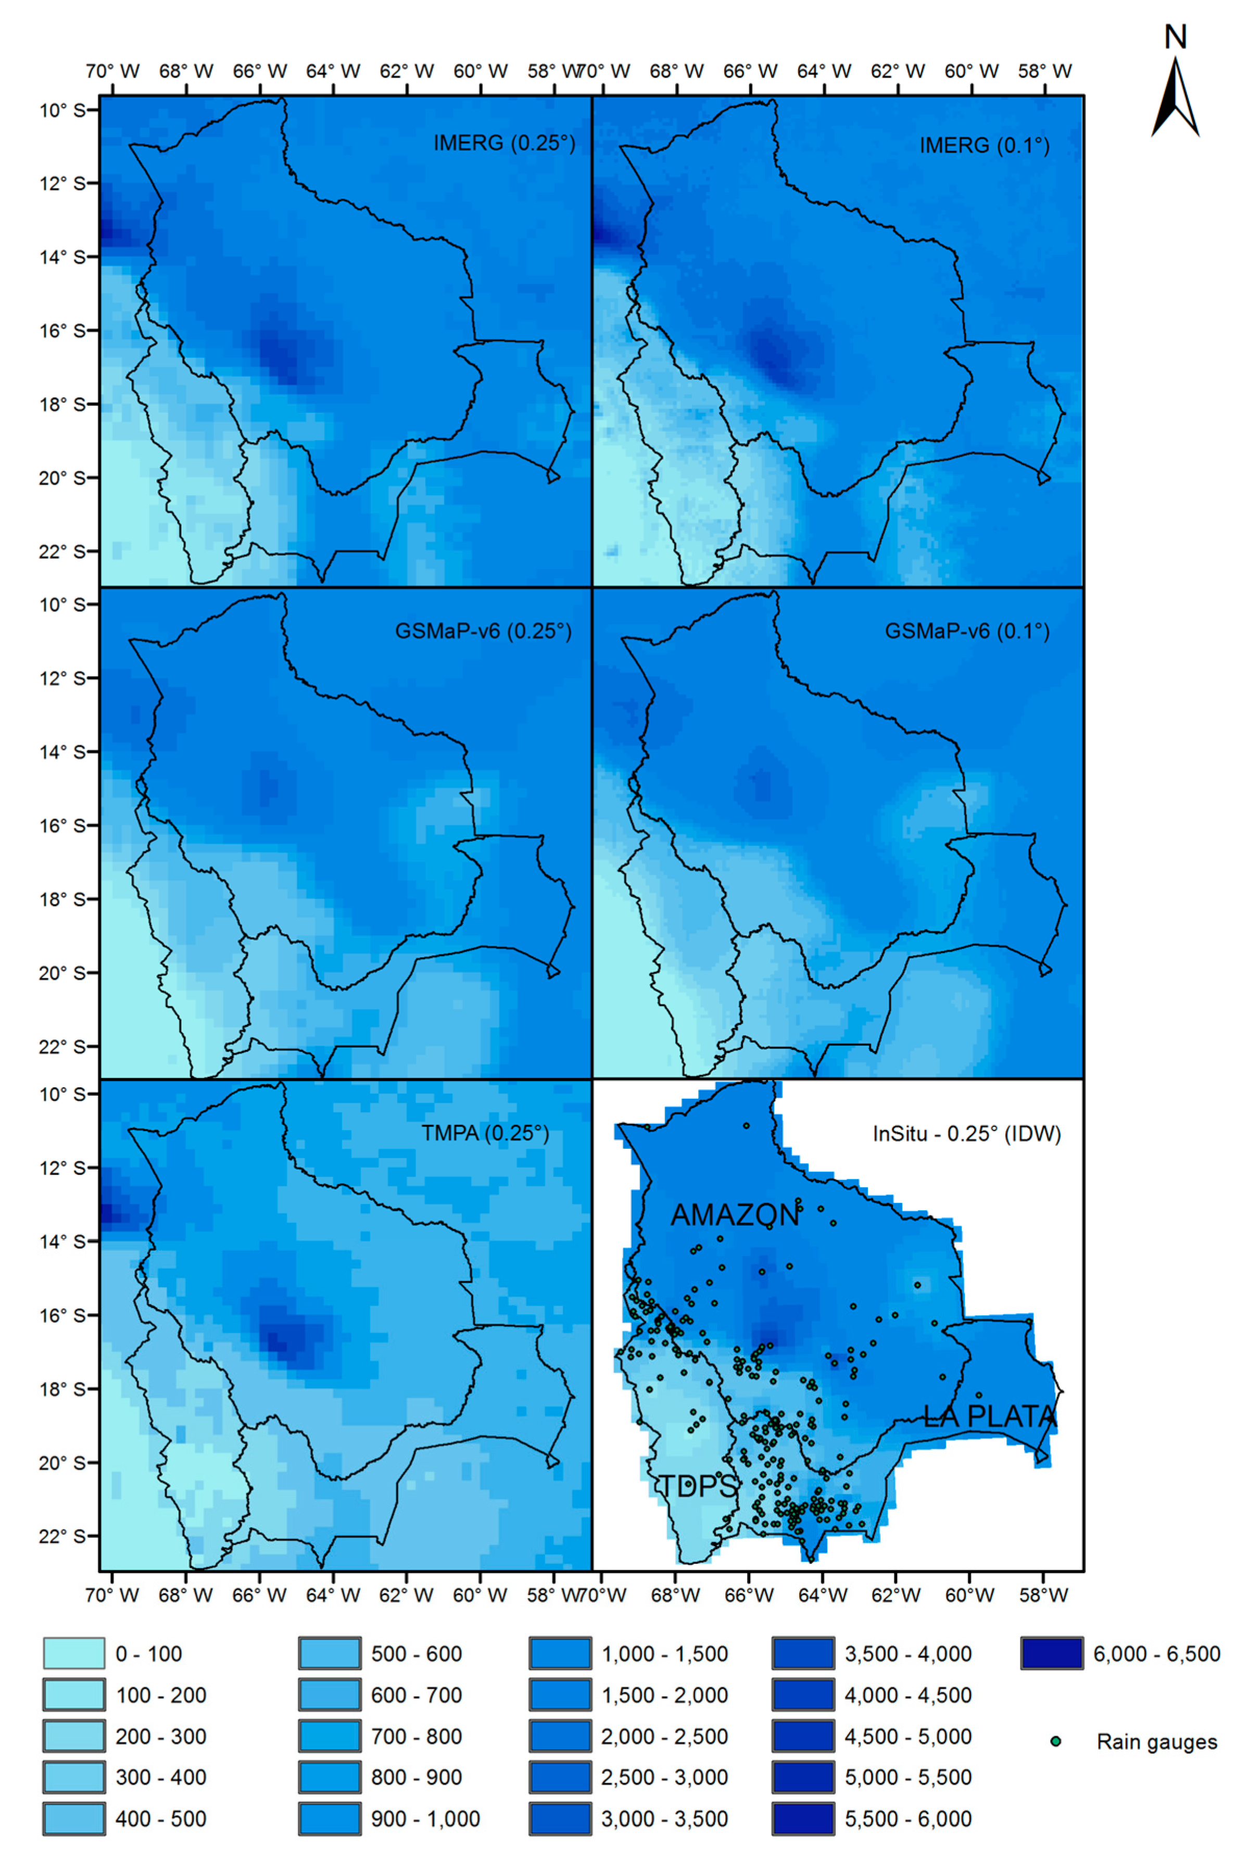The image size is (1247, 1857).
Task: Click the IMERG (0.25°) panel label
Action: tap(503, 143)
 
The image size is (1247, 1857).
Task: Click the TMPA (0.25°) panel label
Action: tap(484, 1133)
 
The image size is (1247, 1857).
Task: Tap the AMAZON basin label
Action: tap(734, 1215)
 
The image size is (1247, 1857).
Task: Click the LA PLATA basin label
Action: tap(989, 1416)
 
